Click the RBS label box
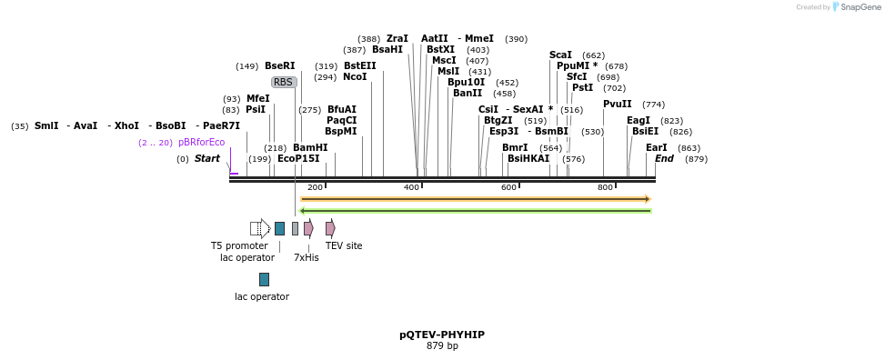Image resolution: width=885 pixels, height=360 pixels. click(284, 82)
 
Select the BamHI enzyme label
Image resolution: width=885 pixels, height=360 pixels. click(309, 147)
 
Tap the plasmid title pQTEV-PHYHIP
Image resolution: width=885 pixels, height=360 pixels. click(442, 335)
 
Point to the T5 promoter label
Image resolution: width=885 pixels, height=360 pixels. click(239, 245)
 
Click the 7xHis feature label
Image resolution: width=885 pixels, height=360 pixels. click(306, 257)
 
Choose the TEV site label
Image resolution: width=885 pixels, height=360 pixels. click(344, 245)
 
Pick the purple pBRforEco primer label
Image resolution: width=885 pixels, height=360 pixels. click(201, 142)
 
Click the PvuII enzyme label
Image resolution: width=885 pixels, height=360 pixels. click(617, 104)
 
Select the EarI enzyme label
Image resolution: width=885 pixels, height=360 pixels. click(656, 147)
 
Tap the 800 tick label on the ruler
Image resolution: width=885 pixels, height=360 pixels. click(605, 187)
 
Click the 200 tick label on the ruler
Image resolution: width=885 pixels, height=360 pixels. click(315, 187)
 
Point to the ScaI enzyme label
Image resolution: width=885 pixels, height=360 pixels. click(560, 55)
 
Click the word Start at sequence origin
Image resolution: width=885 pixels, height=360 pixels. click(206, 158)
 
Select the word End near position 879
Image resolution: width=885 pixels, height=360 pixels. click(664, 158)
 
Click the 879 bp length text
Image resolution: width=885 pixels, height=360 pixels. click(442, 345)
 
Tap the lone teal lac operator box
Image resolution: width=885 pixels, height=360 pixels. click(264, 279)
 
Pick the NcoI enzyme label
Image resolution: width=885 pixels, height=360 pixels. click(355, 77)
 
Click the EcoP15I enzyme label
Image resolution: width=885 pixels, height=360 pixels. click(298, 158)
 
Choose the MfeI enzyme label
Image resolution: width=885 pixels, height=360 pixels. click(257, 98)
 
